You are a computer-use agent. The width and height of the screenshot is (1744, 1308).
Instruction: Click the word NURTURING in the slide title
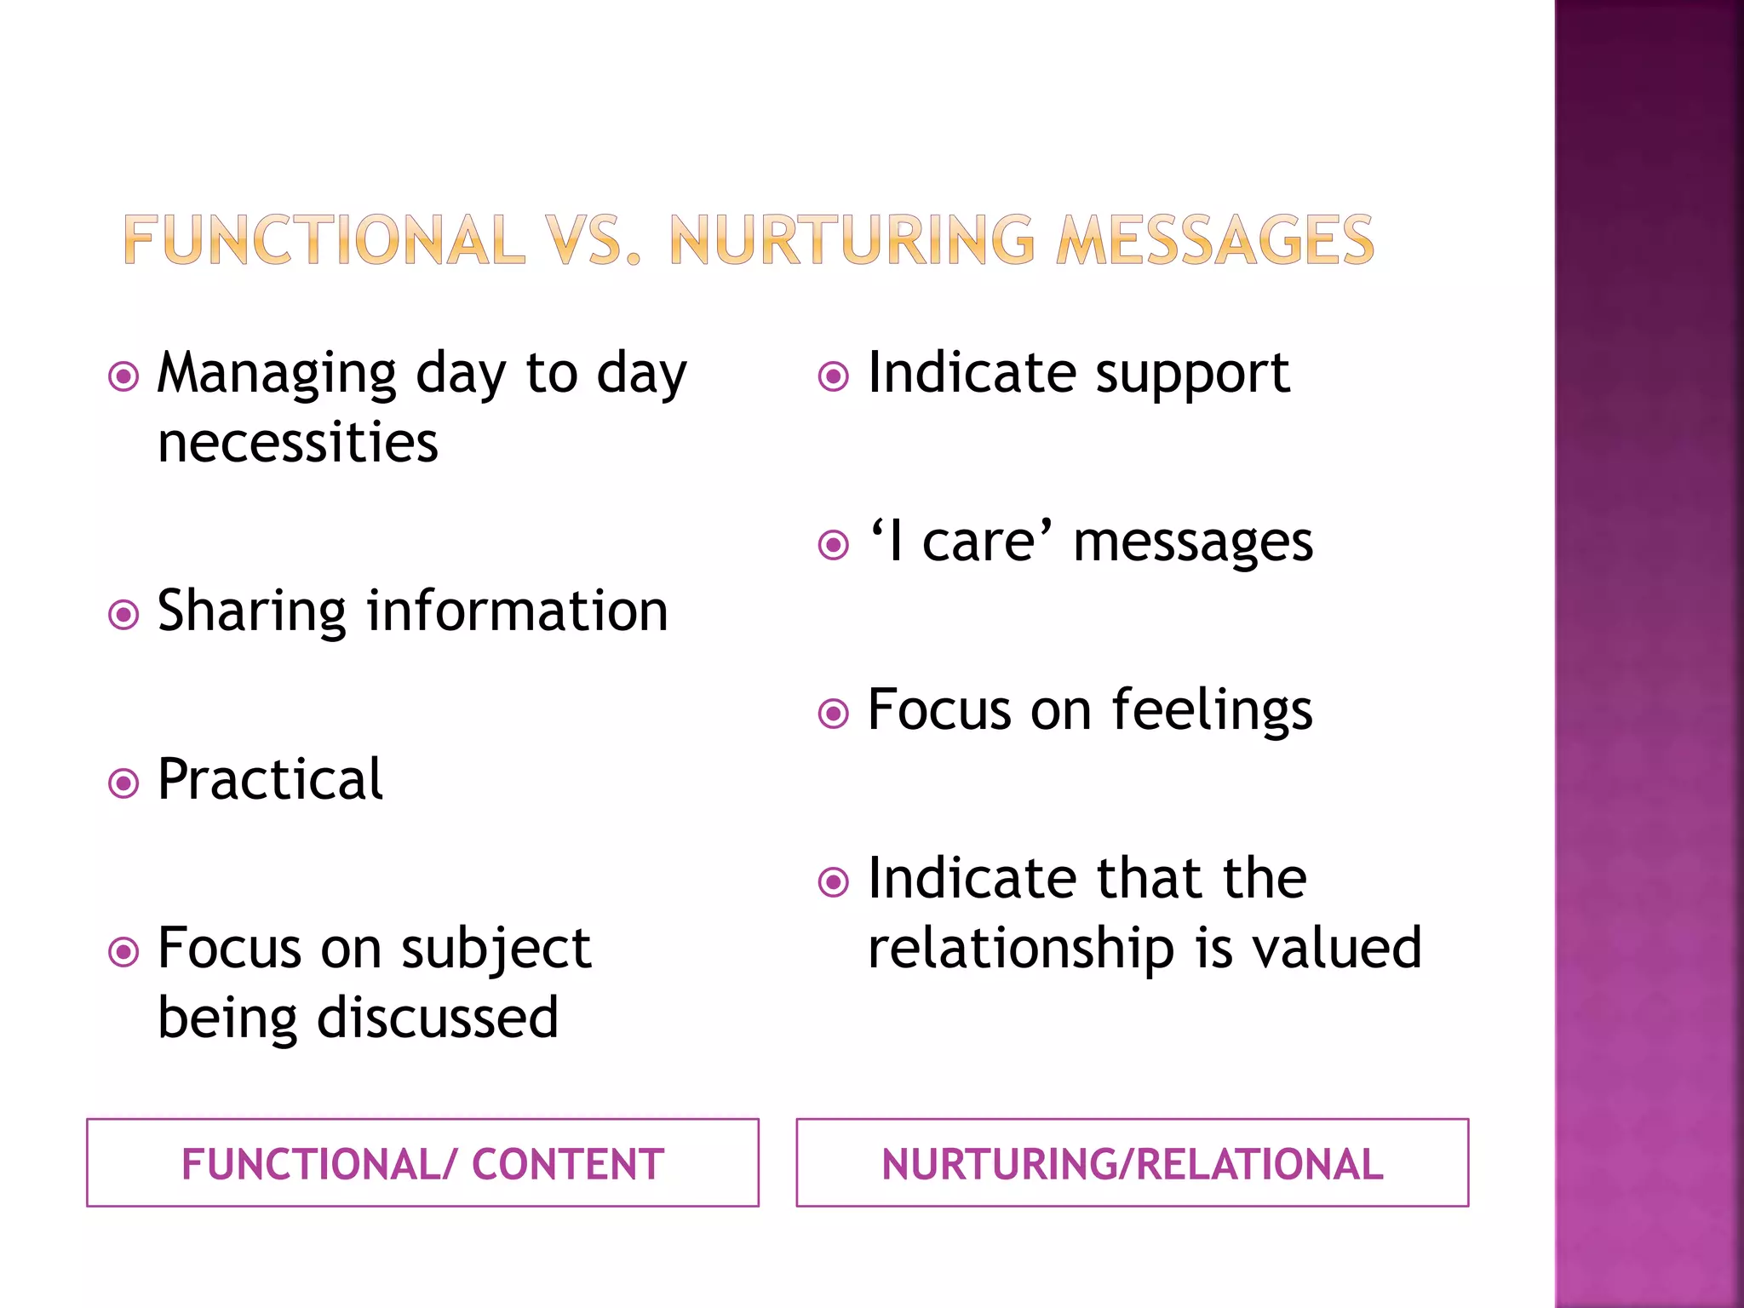click(852, 240)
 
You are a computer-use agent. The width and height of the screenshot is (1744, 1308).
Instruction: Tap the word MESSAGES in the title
click(1214, 240)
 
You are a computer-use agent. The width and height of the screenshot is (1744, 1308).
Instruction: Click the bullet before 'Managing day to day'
click(124, 376)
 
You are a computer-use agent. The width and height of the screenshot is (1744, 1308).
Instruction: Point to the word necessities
click(298, 444)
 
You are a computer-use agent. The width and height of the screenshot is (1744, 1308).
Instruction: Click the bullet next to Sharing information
click(124, 614)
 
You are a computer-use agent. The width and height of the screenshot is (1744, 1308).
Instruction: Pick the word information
click(517, 611)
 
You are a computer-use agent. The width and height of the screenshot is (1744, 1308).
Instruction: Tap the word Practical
click(270, 780)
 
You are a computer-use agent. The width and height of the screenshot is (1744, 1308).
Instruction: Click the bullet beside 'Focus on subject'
click(124, 951)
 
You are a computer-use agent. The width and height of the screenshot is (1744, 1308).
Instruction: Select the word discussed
click(438, 1018)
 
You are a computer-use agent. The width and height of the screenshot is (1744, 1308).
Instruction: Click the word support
click(1192, 375)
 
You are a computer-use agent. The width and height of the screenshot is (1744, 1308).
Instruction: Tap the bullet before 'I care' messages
click(834, 545)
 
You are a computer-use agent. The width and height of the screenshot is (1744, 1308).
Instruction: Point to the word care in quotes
click(979, 542)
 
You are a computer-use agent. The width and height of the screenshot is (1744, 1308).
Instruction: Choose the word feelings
click(1212, 711)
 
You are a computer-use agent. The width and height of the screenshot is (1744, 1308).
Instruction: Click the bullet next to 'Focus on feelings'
click(834, 714)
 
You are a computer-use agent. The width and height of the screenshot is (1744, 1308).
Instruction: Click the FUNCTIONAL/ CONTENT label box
click(422, 1163)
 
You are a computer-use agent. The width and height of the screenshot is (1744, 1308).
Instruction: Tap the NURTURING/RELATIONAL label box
click(1132, 1163)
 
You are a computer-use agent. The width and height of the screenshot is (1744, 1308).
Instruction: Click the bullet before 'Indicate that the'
click(834, 882)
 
